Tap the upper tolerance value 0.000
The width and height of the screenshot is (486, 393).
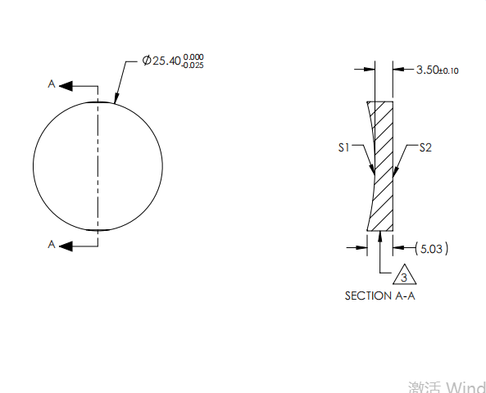193,56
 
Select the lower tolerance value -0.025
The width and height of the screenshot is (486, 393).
193,65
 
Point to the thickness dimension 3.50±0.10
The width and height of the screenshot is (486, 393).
437,70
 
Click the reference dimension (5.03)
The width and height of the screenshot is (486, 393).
431,247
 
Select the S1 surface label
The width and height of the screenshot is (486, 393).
344,148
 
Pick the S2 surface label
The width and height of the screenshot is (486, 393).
425,148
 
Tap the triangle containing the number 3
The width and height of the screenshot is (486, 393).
403,277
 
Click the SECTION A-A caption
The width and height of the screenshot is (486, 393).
379,296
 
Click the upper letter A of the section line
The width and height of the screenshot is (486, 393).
52,84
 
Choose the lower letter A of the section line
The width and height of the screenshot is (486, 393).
52,244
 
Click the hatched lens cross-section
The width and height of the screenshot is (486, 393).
383,164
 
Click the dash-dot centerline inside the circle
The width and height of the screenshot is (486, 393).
98,164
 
